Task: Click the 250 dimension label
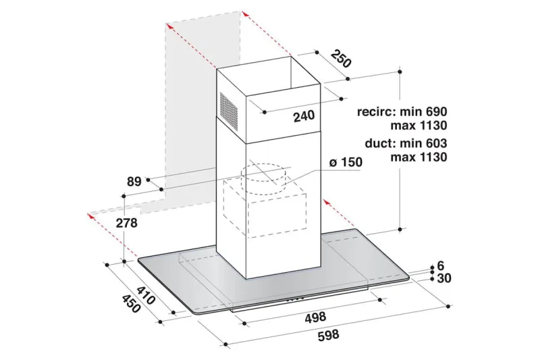(x=342, y=59)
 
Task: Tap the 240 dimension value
(x=304, y=115)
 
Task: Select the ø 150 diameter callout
(x=346, y=161)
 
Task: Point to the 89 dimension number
(x=134, y=181)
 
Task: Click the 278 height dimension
(x=126, y=223)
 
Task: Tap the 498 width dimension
(x=315, y=317)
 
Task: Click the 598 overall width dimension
(x=328, y=335)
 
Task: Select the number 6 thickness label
(x=441, y=265)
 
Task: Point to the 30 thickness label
(x=444, y=278)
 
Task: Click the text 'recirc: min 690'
(x=402, y=111)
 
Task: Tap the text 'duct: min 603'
(x=406, y=143)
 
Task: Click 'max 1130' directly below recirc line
(x=418, y=126)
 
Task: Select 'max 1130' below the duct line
(x=418, y=157)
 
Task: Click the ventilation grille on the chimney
(x=229, y=111)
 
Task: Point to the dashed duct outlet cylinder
(x=263, y=180)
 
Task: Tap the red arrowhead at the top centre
(x=245, y=14)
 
